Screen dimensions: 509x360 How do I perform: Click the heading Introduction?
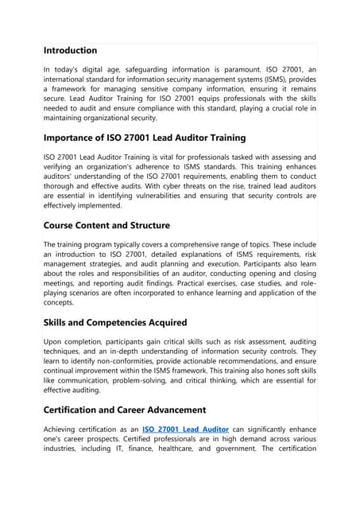click(70, 50)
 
